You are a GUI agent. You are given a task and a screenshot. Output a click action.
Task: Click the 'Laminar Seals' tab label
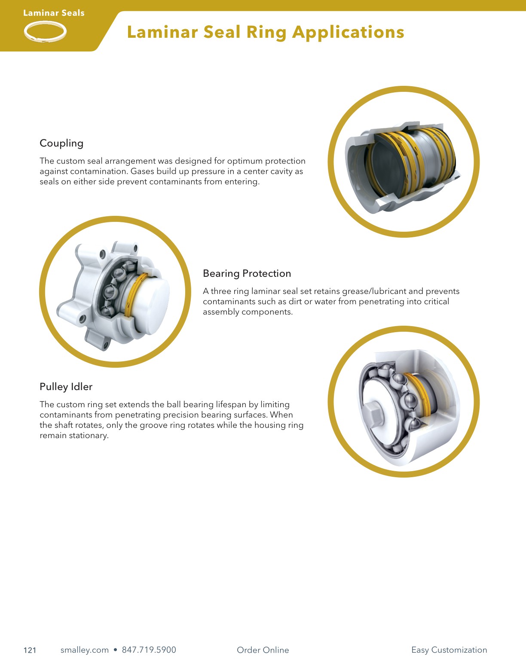point(54,13)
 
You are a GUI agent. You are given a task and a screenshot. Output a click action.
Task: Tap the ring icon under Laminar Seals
point(45,32)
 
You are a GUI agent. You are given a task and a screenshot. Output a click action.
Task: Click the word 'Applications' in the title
point(348,33)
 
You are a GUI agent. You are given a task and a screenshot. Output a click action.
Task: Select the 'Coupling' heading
point(61,143)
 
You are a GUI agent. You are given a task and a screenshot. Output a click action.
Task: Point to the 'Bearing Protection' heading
point(247,273)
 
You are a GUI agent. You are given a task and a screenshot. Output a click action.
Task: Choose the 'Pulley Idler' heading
point(66,387)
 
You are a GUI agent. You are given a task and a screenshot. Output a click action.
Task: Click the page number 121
point(30,650)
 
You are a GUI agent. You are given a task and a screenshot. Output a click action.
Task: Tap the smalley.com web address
point(85,650)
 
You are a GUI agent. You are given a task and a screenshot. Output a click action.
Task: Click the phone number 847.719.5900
point(149,650)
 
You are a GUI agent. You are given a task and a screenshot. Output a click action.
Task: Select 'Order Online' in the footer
point(263,650)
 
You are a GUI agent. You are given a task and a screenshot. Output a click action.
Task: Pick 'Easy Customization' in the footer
point(449,650)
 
